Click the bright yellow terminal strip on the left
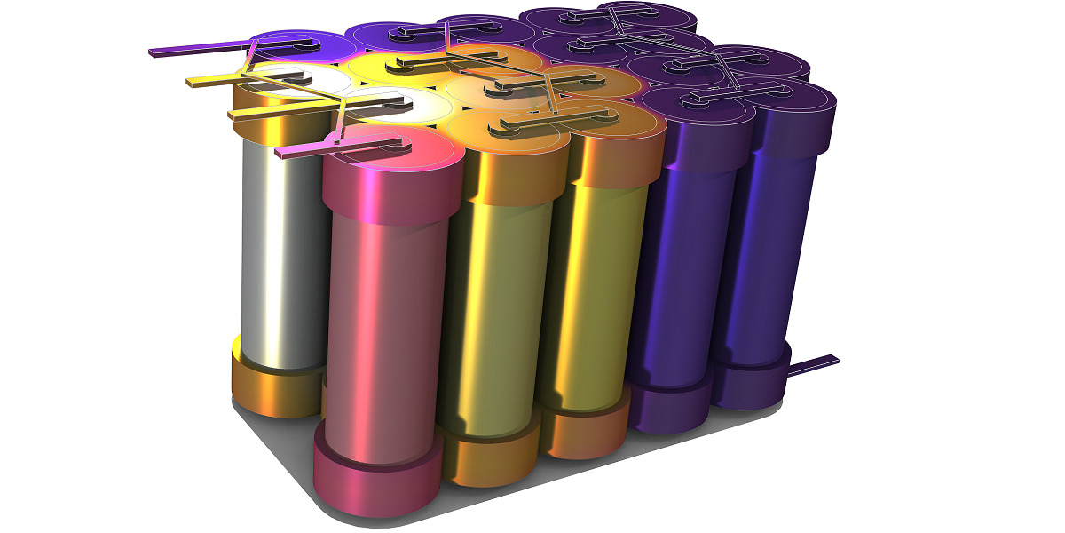(x=209, y=81)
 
